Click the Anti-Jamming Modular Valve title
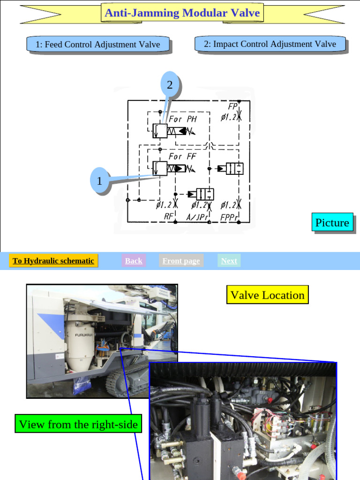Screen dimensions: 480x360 click(182, 13)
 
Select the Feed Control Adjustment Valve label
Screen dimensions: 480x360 click(97, 45)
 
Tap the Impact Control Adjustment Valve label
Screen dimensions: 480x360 click(270, 44)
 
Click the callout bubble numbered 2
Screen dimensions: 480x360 click(170, 85)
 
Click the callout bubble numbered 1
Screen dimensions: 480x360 click(99, 181)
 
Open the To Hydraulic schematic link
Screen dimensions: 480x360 click(53, 261)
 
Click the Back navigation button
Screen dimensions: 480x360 click(134, 261)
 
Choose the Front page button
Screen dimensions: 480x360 click(181, 261)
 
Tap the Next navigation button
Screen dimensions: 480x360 click(229, 261)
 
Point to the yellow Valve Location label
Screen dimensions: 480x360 click(267, 295)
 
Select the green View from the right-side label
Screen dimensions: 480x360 click(78, 424)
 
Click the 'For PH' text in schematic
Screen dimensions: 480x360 click(183, 119)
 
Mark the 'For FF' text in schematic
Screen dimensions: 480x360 click(182, 156)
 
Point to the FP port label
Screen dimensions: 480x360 click(233, 107)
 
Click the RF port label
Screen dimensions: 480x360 click(169, 216)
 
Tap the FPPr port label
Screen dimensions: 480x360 click(230, 217)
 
